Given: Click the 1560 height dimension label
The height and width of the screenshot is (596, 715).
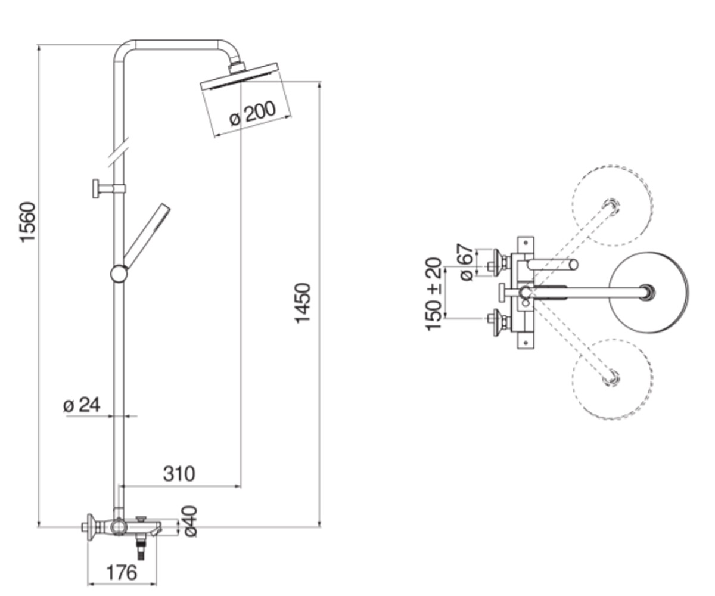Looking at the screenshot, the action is click(28, 222).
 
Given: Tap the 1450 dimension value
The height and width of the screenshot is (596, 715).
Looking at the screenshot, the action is click(302, 303).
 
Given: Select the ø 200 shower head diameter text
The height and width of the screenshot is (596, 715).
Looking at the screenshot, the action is click(253, 113).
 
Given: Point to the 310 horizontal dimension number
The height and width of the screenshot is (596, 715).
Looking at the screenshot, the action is click(179, 474).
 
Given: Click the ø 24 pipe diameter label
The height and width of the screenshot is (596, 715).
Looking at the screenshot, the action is click(82, 405).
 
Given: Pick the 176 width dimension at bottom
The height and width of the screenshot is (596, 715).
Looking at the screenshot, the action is click(122, 573).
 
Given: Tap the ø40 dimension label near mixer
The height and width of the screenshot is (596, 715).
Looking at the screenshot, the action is click(191, 521).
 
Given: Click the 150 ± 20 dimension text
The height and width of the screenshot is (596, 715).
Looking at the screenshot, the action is click(434, 294).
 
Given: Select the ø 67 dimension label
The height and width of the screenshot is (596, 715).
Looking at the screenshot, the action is click(466, 262).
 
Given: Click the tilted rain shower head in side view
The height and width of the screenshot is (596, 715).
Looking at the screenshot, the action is click(240, 76).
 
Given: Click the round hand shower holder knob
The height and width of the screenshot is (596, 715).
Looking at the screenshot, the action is click(119, 274).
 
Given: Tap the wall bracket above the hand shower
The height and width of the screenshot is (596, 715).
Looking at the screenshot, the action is click(108, 188).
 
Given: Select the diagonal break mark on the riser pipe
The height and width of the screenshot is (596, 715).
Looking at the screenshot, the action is click(119, 153).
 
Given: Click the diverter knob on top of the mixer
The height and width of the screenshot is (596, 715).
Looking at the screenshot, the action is click(141, 519).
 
